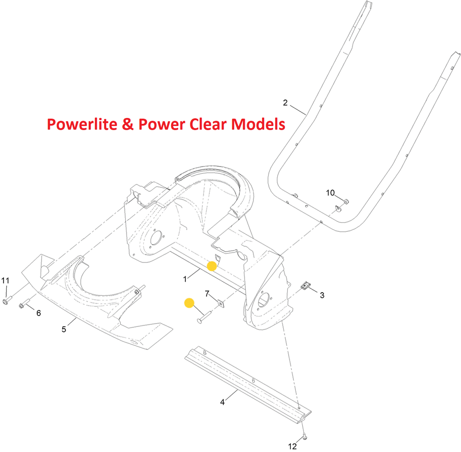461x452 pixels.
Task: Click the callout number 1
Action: click(185, 279)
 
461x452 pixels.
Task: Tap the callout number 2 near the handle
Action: click(285, 103)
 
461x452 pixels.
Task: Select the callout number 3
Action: click(322, 295)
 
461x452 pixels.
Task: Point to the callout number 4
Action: click(222, 402)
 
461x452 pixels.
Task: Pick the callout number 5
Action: click(64, 329)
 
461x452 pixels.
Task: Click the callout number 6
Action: click(39, 313)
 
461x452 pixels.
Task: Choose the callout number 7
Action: click(207, 294)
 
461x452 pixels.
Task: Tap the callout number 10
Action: click(330, 193)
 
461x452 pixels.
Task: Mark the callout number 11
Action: click(5, 281)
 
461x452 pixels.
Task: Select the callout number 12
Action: click(293, 446)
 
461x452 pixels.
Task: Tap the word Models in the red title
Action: click(257, 124)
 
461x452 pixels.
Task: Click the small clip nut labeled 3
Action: click(306, 285)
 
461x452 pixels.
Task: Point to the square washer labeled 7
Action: click(221, 303)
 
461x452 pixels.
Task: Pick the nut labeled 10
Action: click(346, 201)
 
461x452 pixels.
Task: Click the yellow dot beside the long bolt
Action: click(189, 303)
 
